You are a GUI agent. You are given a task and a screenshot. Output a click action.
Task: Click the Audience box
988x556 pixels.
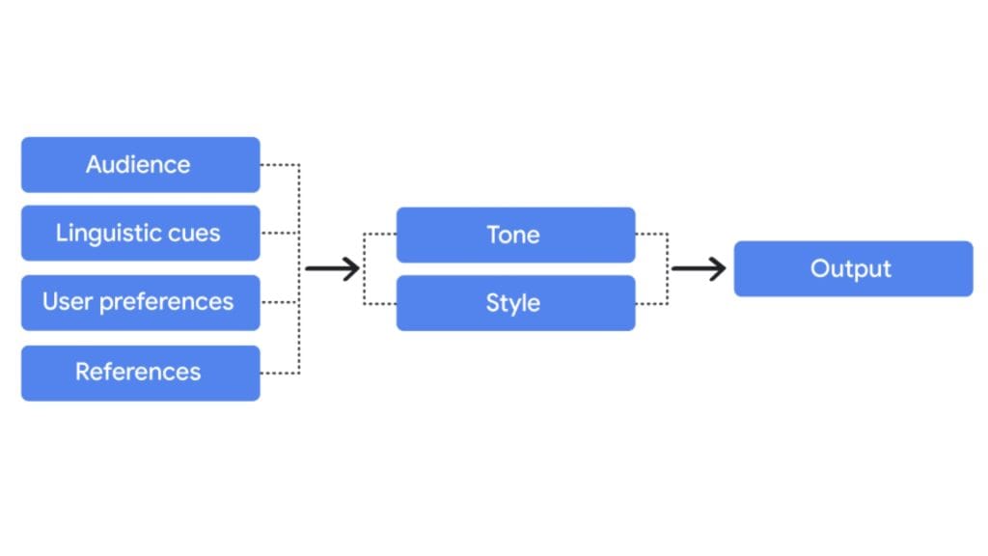click(140, 164)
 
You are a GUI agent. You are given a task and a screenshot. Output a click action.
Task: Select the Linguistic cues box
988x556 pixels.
click(140, 233)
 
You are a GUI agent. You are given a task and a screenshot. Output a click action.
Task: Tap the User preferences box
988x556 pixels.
click(140, 302)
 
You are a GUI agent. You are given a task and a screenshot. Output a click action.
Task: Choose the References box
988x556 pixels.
click(140, 373)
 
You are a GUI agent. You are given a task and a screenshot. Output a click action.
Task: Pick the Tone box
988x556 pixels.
click(515, 235)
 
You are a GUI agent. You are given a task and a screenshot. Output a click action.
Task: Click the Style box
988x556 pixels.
click(515, 303)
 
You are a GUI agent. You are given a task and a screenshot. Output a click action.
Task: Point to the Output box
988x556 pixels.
click(853, 268)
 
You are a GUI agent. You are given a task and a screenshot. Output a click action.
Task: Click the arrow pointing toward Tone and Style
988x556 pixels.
click(332, 268)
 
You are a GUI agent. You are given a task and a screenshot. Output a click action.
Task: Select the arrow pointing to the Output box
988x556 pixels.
click(699, 268)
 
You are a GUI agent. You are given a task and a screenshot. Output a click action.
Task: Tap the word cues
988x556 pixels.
click(193, 234)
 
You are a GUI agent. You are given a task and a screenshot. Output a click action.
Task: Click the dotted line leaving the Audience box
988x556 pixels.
click(280, 164)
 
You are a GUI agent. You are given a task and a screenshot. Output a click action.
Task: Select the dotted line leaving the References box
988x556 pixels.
click(280, 373)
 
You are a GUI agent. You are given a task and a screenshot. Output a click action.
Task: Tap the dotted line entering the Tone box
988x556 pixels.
click(380, 235)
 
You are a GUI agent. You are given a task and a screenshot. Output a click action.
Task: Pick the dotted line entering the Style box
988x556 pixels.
click(380, 303)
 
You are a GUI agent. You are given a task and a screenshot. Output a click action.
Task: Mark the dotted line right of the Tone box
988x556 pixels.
click(651, 234)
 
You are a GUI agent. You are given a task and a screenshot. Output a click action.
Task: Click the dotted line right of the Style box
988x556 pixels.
click(651, 303)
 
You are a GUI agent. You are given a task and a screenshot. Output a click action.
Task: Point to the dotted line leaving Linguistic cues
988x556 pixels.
click(280, 233)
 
